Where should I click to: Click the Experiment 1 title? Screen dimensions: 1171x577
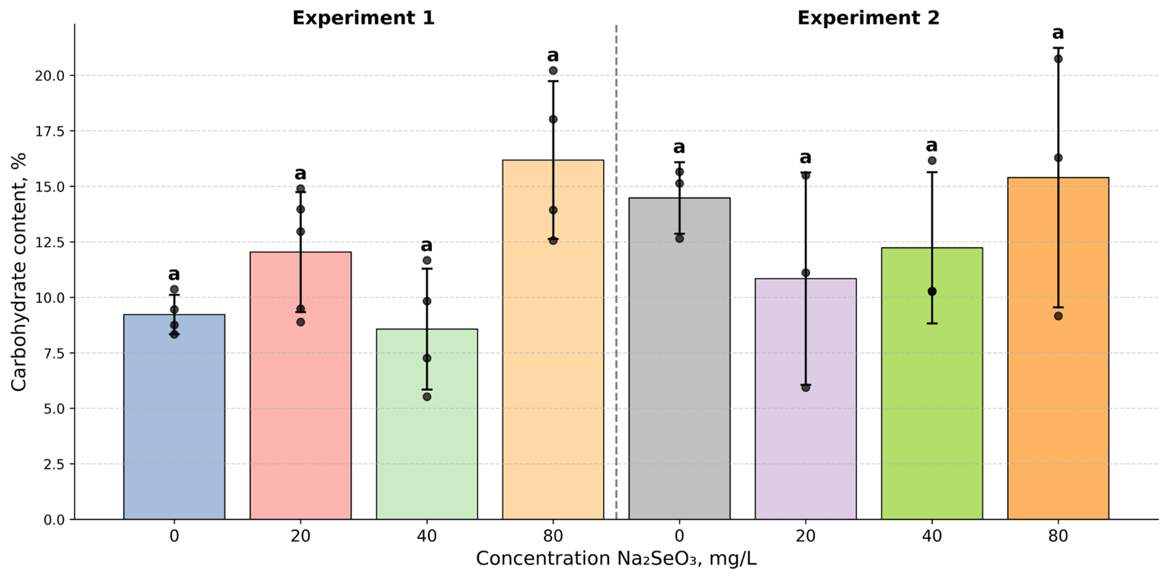pyautogui.click(x=363, y=18)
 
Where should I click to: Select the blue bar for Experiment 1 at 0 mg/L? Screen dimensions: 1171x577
pyautogui.click(x=174, y=416)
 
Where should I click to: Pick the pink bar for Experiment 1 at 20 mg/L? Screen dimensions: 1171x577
pyautogui.click(x=300, y=386)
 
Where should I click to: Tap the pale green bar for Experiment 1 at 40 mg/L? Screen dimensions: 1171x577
pyautogui.click(x=427, y=424)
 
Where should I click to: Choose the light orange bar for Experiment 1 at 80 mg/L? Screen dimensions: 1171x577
pyautogui.click(x=553, y=339)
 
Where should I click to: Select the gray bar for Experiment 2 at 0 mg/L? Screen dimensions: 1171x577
pyautogui.click(x=679, y=358)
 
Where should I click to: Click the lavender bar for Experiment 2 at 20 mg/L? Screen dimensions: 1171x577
pyautogui.click(x=806, y=399)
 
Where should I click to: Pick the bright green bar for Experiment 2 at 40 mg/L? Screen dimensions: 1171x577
pyautogui.click(x=932, y=383)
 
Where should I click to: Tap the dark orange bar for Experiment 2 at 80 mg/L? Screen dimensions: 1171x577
pyautogui.click(x=1058, y=348)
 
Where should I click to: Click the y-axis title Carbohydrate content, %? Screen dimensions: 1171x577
pyautogui.click(x=19, y=272)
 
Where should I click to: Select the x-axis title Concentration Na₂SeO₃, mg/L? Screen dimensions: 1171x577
pyautogui.click(x=617, y=558)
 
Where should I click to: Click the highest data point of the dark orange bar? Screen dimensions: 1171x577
pyautogui.click(x=1058, y=59)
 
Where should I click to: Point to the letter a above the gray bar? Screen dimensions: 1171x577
pyautogui.click(x=679, y=147)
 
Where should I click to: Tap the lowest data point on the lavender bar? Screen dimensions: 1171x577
pyautogui.click(x=806, y=388)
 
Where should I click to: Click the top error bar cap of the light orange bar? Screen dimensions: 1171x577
pyautogui.click(x=553, y=81)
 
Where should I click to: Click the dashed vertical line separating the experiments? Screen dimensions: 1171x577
pyautogui.click(x=617, y=272)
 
